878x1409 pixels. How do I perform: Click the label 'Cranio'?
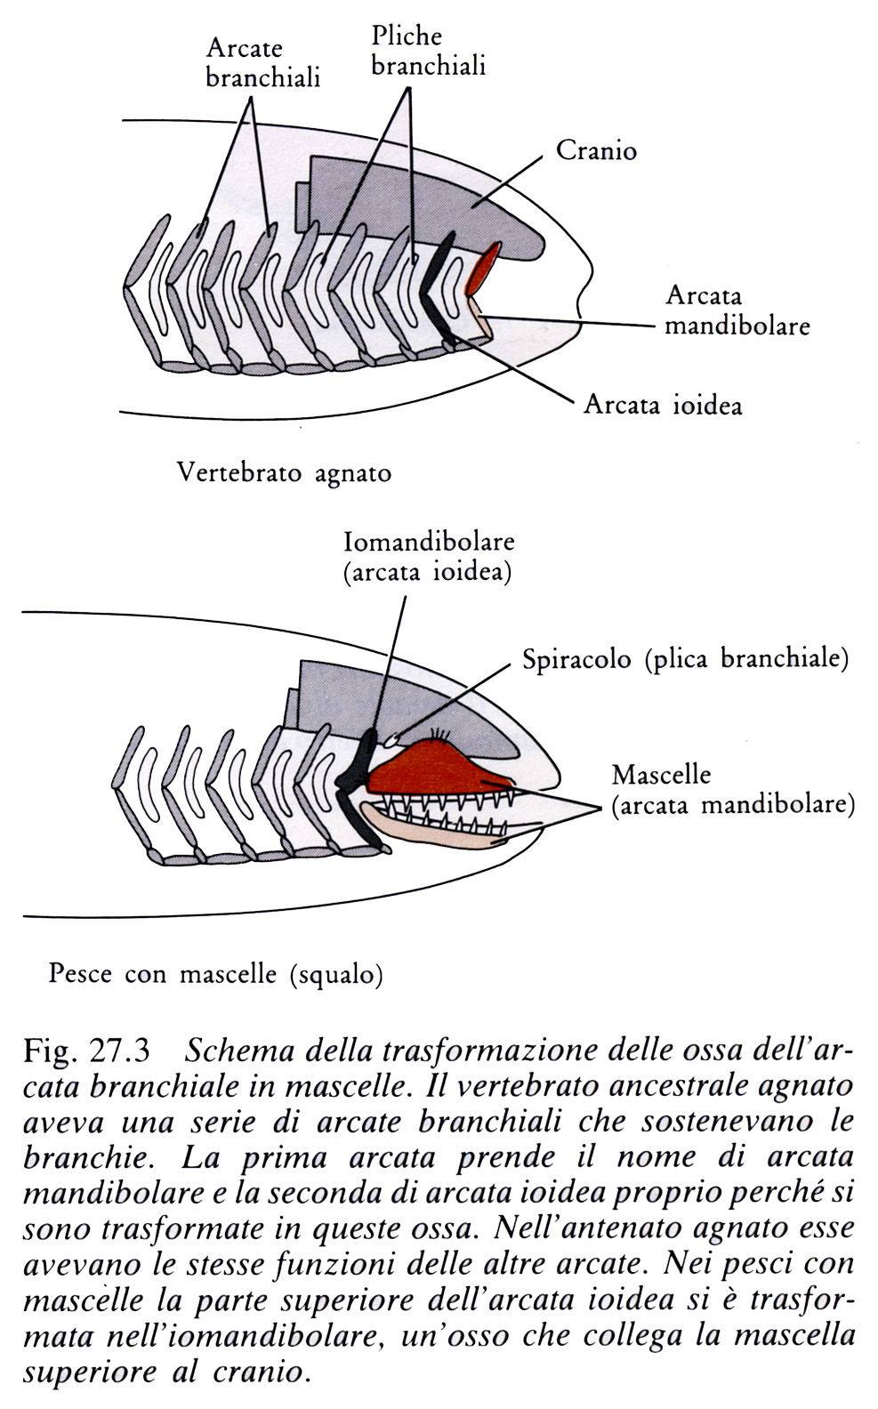point(596,151)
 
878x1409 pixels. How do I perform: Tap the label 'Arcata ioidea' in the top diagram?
point(663,404)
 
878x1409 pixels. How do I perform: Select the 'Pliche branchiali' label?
point(428,51)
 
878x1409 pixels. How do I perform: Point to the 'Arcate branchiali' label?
point(263,63)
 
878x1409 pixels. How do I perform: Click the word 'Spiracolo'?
point(576,658)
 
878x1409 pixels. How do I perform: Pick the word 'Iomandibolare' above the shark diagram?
point(430,542)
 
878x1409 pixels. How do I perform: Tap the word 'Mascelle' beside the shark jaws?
point(661,774)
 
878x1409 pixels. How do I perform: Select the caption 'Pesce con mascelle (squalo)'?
point(216,974)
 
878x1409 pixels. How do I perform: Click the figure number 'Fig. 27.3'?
point(86,1051)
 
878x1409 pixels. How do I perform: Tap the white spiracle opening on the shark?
point(391,740)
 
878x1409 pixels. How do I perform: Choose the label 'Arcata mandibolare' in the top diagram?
point(737,310)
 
